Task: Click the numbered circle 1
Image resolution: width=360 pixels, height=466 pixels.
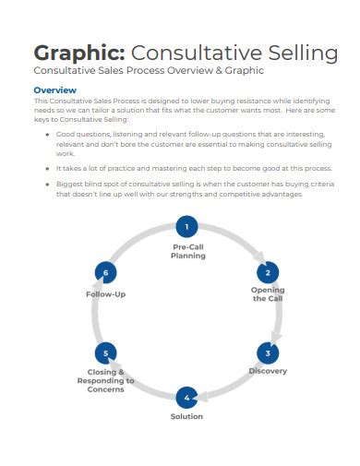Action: click(186, 227)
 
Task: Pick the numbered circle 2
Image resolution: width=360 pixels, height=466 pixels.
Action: click(268, 272)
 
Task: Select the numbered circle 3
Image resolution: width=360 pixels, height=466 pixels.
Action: click(268, 352)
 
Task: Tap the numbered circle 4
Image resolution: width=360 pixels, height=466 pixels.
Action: click(186, 398)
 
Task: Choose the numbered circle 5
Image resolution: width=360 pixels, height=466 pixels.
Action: click(106, 352)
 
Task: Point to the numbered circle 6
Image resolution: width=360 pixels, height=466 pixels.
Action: click(106, 273)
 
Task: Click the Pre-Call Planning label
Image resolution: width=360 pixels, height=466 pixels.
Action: click(187, 252)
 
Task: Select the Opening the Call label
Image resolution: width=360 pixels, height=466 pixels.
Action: click(268, 294)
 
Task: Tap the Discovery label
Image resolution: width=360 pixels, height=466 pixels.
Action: click(268, 371)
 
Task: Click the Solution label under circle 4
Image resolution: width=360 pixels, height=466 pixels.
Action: click(186, 416)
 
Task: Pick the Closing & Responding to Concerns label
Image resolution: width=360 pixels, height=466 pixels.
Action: click(106, 380)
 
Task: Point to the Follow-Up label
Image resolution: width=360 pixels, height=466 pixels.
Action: click(106, 293)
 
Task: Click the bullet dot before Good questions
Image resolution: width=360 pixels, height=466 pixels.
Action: click(47, 135)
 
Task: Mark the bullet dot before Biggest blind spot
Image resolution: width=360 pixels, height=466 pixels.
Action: click(47, 185)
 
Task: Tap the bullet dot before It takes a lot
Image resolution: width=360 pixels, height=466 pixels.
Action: click(47, 169)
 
